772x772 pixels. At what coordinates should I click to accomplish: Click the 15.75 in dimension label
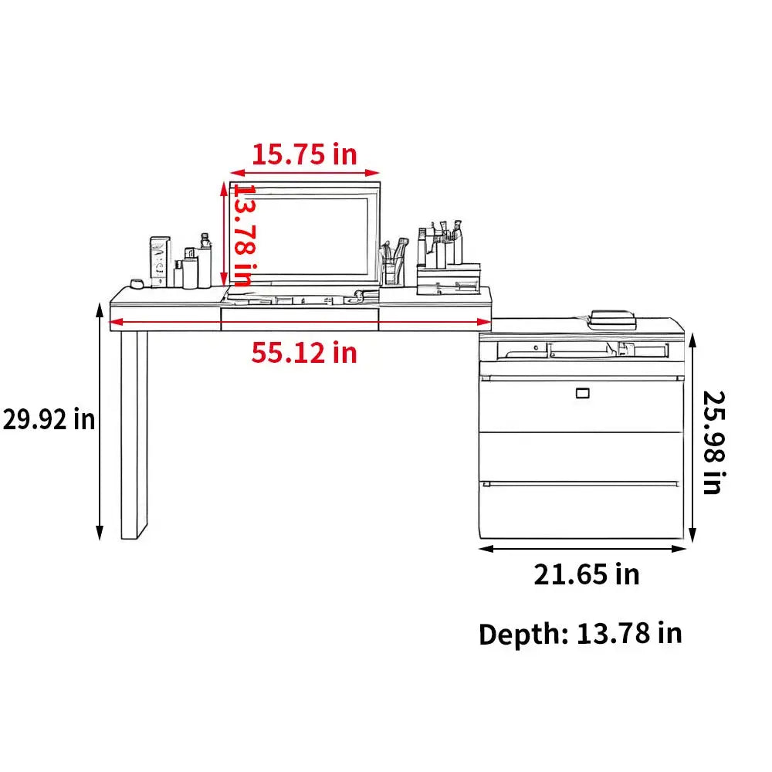click(304, 154)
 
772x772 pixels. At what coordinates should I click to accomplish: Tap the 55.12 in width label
click(304, 353)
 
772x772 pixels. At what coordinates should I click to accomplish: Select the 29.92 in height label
click(49, 419)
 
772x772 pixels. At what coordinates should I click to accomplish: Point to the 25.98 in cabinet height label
click(713, 442)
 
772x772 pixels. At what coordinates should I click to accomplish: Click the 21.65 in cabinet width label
click(587, 574)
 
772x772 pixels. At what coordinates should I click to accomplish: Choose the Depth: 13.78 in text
click(581, 634)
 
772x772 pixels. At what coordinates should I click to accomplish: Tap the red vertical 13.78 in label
click(244, 235)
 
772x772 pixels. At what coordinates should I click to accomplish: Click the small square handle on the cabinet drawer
click(582, 393)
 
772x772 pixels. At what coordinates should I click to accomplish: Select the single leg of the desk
click(134, 435)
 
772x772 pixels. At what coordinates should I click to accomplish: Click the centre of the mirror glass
click(305, 235)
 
